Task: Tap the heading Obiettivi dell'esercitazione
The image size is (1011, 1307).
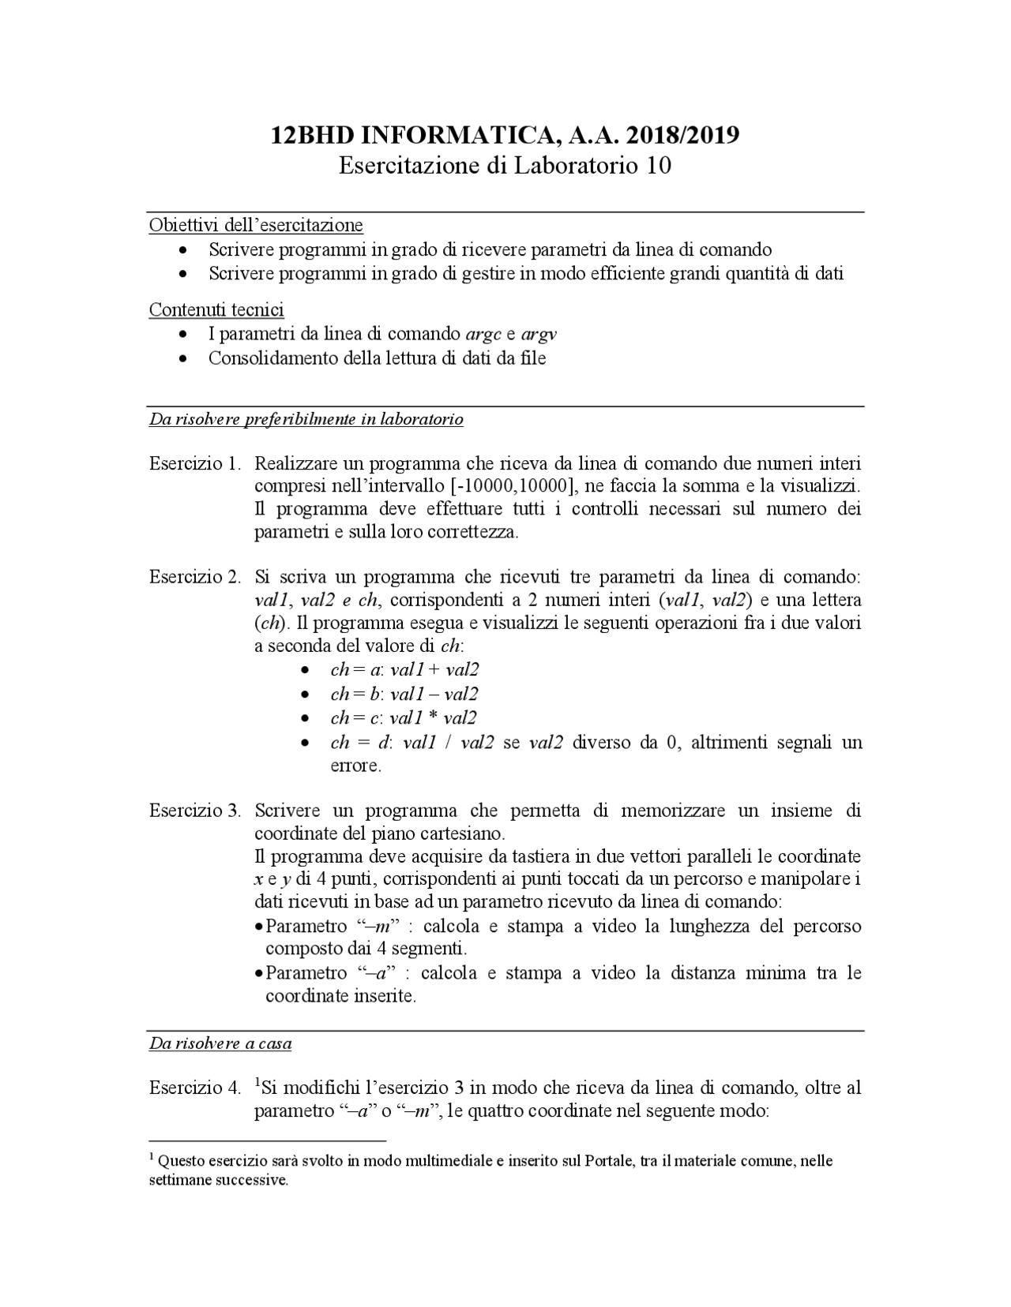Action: click(x=256, y=225)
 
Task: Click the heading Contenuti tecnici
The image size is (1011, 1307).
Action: click(x=216, y=309)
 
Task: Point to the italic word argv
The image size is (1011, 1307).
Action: click(x=539, y=334)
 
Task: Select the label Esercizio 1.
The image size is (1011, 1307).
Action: click(x=194, y=463)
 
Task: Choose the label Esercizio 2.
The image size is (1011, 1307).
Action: click(x=194, y=577)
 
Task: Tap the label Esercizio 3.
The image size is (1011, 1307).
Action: click(x=194, y=811)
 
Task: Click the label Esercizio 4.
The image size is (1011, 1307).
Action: click(x=194, y=1088)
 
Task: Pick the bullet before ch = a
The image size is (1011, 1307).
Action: click(x=305, y=671)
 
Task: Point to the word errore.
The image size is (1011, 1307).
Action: click(x=355, y=766)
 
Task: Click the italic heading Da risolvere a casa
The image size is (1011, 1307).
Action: click(x=220, y=1043)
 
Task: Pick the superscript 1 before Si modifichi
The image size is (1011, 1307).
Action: click(x=257, y=1083)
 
